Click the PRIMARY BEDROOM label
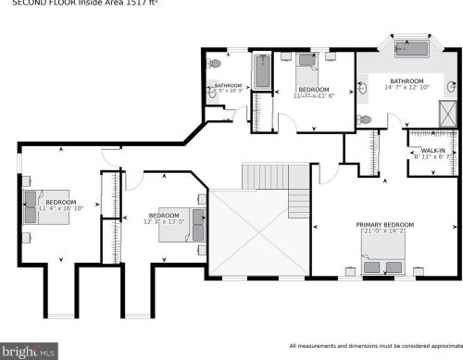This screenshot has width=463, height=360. tap(385, 225)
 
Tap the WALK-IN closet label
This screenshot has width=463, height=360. tap(432, 150)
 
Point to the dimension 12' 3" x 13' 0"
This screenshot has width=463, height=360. tap(163, 221)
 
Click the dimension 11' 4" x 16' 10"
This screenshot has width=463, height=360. tap(61, 209)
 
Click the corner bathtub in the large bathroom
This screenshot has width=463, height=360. tap(407, 47)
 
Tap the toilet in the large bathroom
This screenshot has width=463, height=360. tap(365, 120)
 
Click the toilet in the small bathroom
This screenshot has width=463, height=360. tap(216, 64)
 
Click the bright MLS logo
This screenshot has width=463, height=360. tap(30, 351)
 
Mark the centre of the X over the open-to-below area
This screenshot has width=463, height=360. tap(258, 233)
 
